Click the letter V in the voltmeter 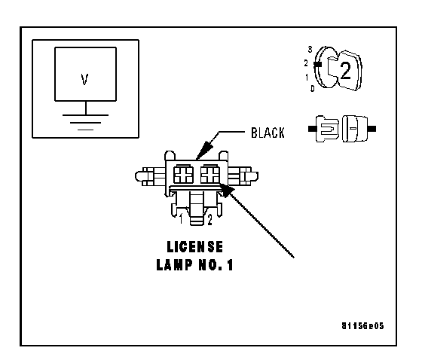click(x=84, y=80)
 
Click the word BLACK click(x=268, y=133)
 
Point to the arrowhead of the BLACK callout click(x=204, y=150)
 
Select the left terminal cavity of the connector click(x=183, y=174)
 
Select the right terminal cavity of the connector click(x=210, y=174)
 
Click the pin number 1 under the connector click(x=182, y=218)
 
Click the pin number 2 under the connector click(x=209, y=219)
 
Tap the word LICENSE click(x=195, y=247)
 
